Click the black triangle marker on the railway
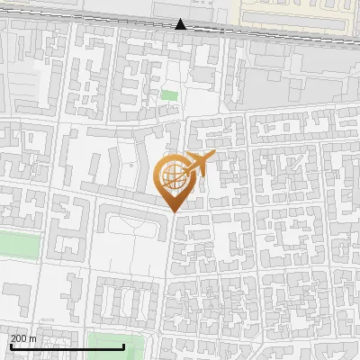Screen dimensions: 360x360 pos(181,24)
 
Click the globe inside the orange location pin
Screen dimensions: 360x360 pos(173,175)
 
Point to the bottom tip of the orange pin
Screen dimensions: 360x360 pos(174,211)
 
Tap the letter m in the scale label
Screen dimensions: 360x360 pos(32,338)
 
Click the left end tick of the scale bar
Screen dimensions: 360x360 pos(10,345)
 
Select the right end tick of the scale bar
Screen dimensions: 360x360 pos(123,345)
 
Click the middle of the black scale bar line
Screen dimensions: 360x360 pos(67,346)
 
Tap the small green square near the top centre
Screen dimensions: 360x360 pos(169,94)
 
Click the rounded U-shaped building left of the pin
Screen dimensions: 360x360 pos(127,224)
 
